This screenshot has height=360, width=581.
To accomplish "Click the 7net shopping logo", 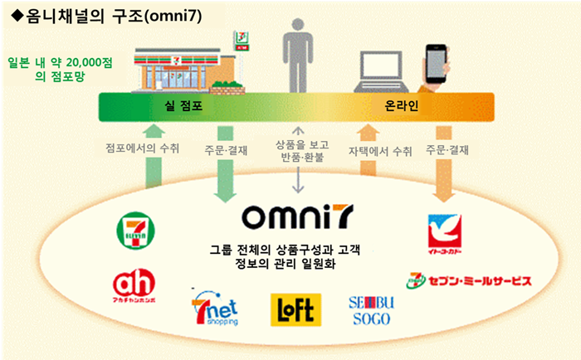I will click(x=214, y=308).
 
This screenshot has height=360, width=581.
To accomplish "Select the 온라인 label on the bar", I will click(x=403, y=108).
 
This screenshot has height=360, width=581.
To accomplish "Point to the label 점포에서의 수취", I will click(x=141, y=150).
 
